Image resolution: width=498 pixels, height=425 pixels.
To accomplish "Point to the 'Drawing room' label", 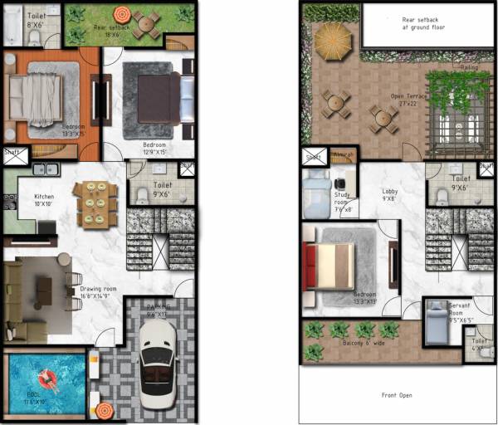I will point(98,291).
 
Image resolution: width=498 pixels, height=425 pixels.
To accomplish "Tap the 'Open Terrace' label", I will point(409,98).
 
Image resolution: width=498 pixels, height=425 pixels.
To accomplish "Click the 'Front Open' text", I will point(396,395).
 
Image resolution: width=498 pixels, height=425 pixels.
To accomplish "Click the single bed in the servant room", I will point(437,323).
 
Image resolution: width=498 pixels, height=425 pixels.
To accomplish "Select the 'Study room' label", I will point(343,202).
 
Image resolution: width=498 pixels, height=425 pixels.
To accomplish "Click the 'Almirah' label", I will point(343,155).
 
